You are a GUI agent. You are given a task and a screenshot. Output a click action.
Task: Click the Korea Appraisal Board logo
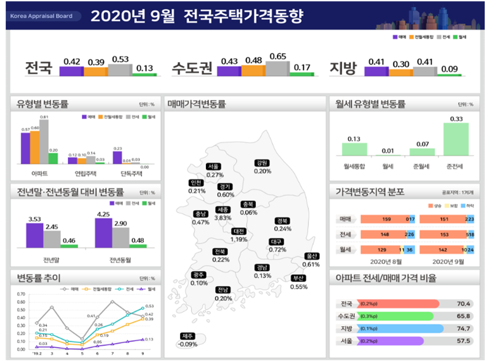(x=41, y=16)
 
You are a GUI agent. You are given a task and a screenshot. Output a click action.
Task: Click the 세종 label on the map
(x=222, y=210)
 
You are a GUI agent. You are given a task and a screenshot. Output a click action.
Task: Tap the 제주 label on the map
(x=187, y=336)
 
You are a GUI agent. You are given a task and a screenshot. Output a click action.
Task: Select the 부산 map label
(x=298, y=279)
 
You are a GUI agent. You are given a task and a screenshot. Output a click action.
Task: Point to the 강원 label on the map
(x=262, y=163)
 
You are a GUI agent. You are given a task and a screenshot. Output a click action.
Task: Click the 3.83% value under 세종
(x=223, y=218)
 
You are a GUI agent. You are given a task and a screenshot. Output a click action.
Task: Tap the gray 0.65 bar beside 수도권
(x=277, y=68)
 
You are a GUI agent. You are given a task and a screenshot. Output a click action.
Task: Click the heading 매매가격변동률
(x=196, y=104)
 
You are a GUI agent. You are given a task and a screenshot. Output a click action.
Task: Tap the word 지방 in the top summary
(x=344, y=68)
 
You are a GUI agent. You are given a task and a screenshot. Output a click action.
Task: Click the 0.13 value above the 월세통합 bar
(x=354, y=139)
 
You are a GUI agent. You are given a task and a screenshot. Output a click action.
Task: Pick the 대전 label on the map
(x=239, y=231)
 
